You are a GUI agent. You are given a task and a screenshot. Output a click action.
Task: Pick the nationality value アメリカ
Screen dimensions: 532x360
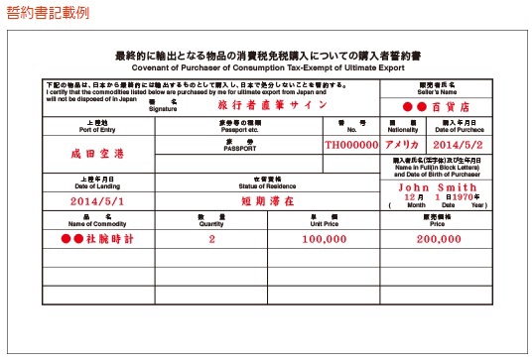click(403, 144)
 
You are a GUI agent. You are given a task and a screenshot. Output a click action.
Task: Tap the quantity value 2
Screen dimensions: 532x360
click(211, 239)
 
